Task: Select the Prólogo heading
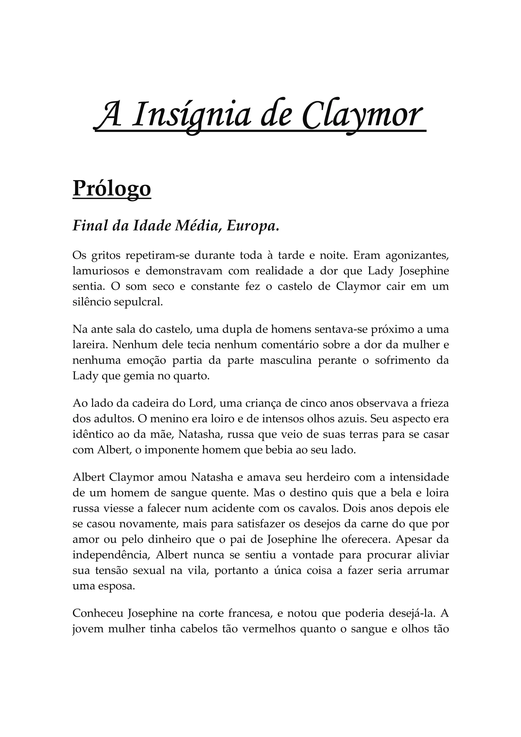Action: tap(112, 189)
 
